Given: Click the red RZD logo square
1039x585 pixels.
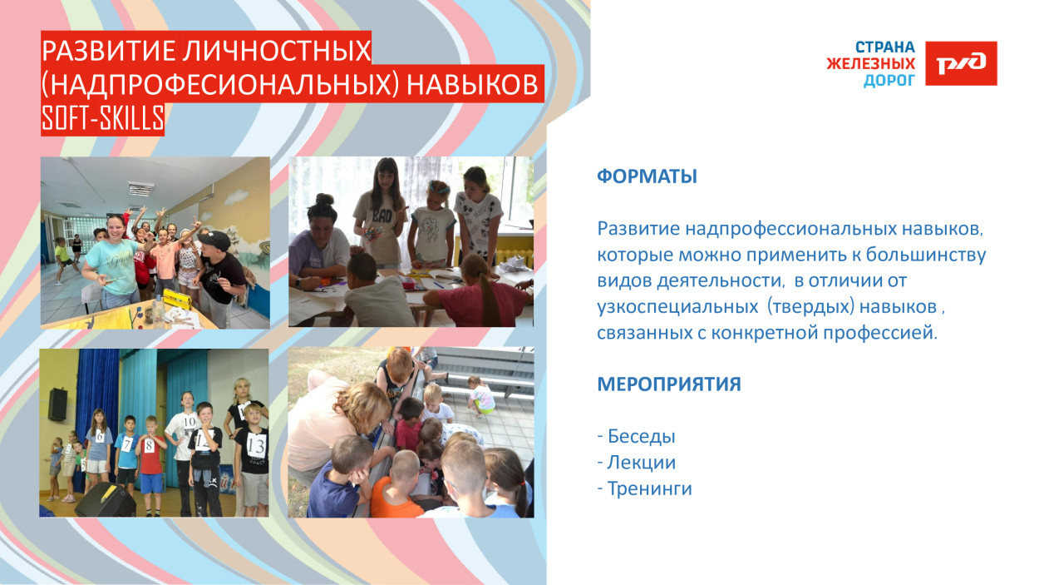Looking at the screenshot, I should (x=961, y=63).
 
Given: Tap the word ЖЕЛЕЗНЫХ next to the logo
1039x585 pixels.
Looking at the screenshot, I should (x=870, y=64).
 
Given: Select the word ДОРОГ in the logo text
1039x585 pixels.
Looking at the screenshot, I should (x=889, y=81).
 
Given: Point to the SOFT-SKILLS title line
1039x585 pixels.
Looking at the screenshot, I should (x=102, y=120).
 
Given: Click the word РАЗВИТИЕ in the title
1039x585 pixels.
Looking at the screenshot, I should (x=98, y=52).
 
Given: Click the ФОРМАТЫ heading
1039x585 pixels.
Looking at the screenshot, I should (x=647, y=177).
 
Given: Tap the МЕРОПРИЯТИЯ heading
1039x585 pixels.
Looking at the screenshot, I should (x=668, y=385).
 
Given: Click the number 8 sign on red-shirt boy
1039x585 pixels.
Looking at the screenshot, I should (x=150, y=445).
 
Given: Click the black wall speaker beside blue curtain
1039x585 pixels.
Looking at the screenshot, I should (x=57, y=404).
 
